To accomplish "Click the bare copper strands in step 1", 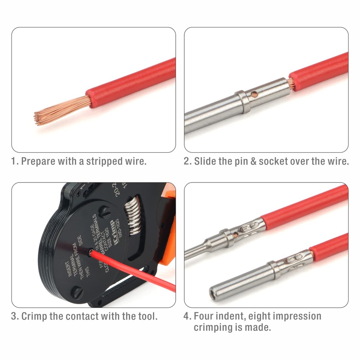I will [58, 110].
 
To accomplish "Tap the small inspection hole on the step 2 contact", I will [255, 94].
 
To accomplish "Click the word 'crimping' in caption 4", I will [213, 328].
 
